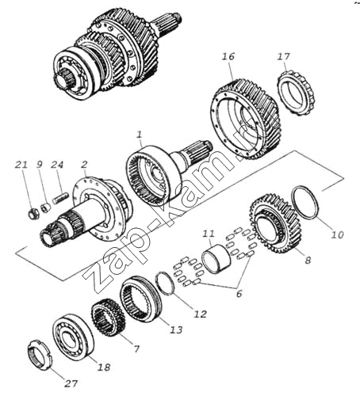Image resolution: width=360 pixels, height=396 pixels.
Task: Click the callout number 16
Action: click(x=228, y=56)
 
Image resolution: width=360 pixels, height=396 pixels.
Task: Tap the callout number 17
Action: click(x=283, y=56)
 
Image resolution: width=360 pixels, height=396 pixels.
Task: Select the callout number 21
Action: click(x=21, y=165)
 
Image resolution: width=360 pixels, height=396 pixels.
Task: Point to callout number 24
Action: click(x=57, y=165)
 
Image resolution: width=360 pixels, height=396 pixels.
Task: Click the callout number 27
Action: click(x=71, y=383)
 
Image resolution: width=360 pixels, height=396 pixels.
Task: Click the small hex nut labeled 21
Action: click(x=33, y=214)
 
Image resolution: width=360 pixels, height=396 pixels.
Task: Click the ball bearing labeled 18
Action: click(x=73, y=337)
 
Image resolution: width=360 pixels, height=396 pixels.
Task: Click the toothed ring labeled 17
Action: click(x=297, y=93)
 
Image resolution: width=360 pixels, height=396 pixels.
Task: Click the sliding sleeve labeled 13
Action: click(x=140, y=299)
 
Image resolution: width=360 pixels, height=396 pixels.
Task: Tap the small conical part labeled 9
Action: click(x=46, y=207)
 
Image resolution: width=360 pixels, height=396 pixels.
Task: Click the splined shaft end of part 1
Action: click(x=198, y=154)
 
